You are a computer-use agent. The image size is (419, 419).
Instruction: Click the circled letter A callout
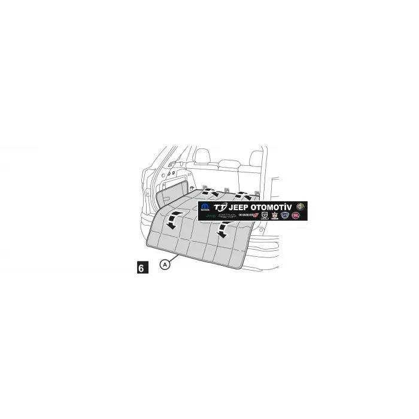[165, 263]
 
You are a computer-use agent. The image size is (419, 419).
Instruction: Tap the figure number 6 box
[141, 268]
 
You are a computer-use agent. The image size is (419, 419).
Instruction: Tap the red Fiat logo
[295, 215]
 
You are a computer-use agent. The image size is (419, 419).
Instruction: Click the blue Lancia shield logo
[285, 215]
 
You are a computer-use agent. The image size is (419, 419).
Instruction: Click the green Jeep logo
[210, 215]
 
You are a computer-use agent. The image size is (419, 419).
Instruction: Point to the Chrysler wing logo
[227, 215]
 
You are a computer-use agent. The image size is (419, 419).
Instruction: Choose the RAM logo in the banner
[264, 215]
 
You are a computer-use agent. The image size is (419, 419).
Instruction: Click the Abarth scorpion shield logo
[275, 215]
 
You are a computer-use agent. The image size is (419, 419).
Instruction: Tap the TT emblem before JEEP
[220, 207]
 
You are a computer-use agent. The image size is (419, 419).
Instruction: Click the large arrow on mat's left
[173, 220]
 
